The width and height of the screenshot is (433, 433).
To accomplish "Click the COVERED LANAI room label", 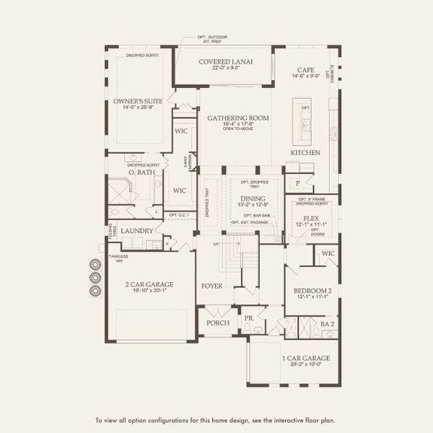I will coord(226,62).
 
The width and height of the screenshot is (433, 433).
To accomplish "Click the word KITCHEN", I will coord(305,153).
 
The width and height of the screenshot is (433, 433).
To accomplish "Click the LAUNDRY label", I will coord(136,231).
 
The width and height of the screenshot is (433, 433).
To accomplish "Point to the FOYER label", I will coord(212,286).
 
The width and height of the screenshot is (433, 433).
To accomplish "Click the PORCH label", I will coord(217,323).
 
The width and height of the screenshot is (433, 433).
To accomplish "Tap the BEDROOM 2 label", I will coord(312,291).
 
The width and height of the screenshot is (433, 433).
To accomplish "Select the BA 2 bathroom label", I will coord(328,325).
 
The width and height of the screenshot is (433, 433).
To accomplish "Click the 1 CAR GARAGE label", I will coord(306,358).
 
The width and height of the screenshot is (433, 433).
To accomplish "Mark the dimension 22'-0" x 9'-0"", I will coord(226,69).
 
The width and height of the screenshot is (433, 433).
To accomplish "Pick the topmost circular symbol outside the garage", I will coord(94,264).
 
